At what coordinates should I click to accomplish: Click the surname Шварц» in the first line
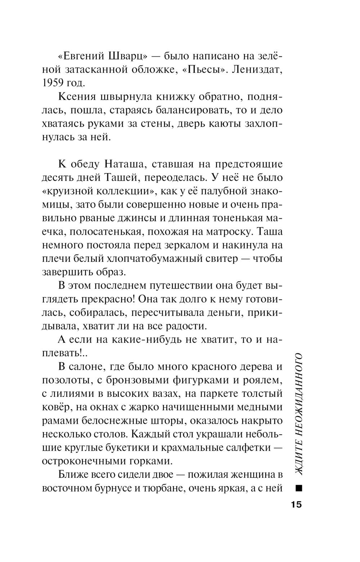pyautogui.click(x=128, y=56)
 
